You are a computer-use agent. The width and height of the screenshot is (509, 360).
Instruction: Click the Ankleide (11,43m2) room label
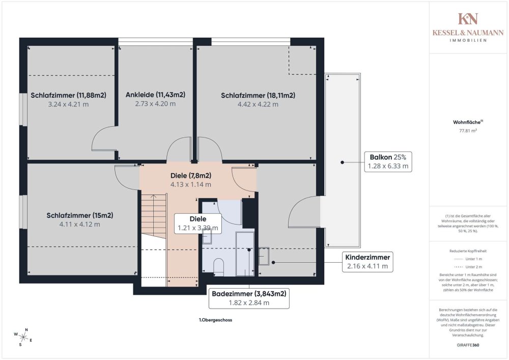(155, 95)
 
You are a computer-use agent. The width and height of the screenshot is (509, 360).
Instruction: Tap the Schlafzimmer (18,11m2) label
(258, 95)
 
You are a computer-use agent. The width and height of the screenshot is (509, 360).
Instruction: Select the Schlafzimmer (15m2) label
(80, 215)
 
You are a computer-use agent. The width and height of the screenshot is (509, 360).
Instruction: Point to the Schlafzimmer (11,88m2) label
(69, 95)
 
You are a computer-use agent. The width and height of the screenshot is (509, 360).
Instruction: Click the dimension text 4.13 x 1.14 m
(191, 185)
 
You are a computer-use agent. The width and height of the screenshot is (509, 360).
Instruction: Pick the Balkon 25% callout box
(388, 161)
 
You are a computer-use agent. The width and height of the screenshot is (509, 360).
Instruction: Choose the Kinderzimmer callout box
(367, 262)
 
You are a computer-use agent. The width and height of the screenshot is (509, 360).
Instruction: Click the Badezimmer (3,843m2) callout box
(249, 298)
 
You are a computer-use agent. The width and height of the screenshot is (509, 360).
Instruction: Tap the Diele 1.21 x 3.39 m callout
(198, 224)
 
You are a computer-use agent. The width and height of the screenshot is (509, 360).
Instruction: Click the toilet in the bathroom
(219, 267)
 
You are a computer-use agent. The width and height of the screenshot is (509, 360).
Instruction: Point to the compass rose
(23, 338)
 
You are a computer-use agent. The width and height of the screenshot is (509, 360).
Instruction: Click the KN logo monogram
(468, 19)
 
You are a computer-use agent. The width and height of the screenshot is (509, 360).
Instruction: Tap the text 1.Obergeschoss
(215, 320)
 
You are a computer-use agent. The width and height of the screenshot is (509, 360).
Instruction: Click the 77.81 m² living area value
(468, 130)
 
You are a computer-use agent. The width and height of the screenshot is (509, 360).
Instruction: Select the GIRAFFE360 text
(468, 345)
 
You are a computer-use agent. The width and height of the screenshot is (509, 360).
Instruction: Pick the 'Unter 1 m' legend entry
(468, 259)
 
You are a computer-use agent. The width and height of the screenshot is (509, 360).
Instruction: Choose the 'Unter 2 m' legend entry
(468, 267)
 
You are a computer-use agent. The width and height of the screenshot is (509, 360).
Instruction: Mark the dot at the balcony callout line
(342, 162)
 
